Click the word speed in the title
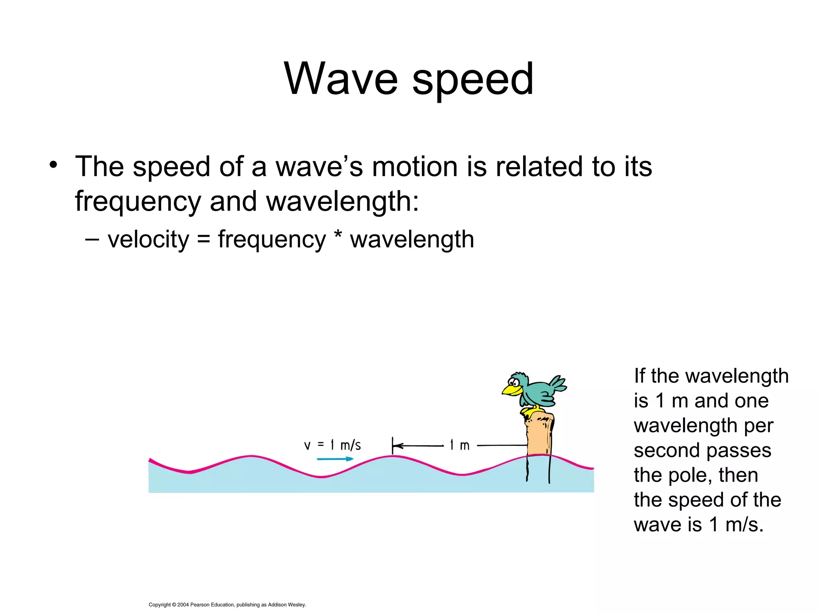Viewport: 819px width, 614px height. click(x=473, y=80)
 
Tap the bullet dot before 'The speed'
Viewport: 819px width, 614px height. click(x=54, y=165)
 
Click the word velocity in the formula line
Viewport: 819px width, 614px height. click(x=148, y=240)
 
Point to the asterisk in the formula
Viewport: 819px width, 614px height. click(x=338, y=236)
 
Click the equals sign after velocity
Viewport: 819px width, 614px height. click(x=203, y=240)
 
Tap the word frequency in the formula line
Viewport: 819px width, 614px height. click(x=272, y=240)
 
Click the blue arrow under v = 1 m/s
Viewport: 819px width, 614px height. click(x=335, y=459)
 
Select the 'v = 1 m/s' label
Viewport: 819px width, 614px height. click(x=332, y=445)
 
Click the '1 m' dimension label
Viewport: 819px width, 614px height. click(x=459, y=445)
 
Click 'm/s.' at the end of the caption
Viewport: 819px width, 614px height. click(x=744, y=525)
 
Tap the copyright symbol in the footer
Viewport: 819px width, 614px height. click(x=174, y=605)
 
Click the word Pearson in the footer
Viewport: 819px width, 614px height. click(x=200, y=605)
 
